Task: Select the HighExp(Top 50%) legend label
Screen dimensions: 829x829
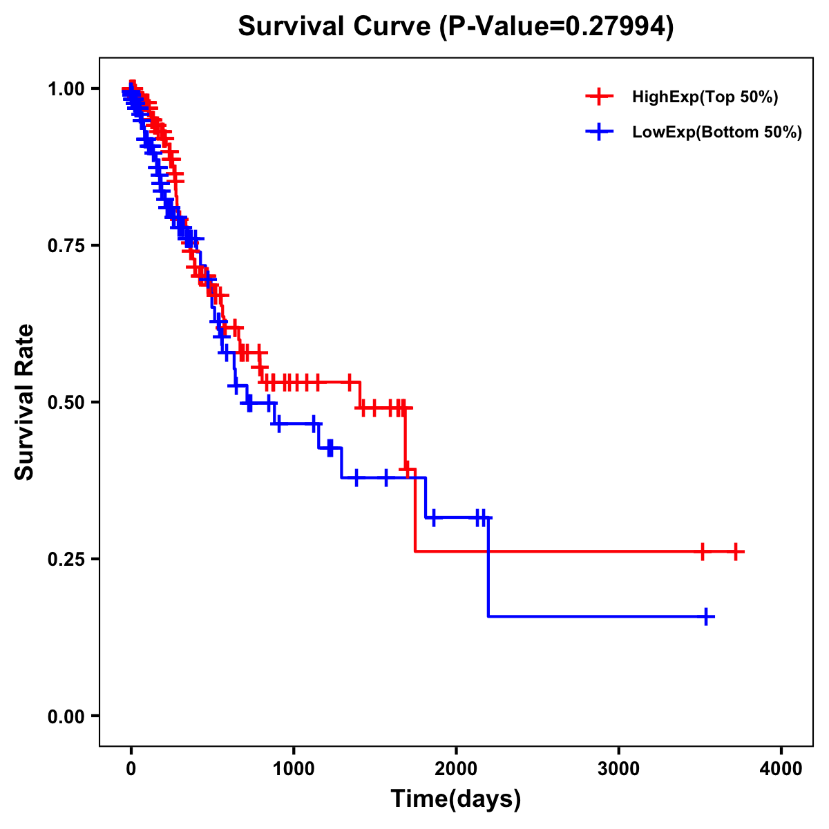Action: [705, 97]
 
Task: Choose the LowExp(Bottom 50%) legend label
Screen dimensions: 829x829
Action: [717, 133]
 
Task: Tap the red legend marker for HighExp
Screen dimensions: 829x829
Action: [599, 97]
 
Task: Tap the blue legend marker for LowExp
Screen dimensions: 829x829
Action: [599, 132]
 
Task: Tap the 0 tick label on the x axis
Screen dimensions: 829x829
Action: [131, 769]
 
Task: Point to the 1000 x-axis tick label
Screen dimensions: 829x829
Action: [294, 769]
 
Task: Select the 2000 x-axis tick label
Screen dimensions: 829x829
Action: [456, 769]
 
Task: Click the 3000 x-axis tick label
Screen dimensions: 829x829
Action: [618, 769]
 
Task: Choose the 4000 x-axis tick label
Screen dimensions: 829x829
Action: [781, 769]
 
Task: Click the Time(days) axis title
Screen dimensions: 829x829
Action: [456, 799]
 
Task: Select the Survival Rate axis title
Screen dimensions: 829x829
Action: [26, 402]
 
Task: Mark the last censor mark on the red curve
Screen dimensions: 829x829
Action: [736, 551]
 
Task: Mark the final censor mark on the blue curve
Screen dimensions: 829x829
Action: [706, 616]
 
